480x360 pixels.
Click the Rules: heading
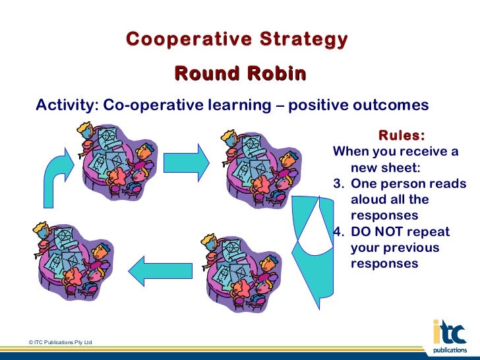tap(401, 136)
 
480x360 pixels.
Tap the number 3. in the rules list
tap(340, 184)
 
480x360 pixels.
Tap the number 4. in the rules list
tap(340, 231)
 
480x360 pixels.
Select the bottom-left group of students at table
tap(69, 260)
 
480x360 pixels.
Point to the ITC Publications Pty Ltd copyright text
tap(60, 342)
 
